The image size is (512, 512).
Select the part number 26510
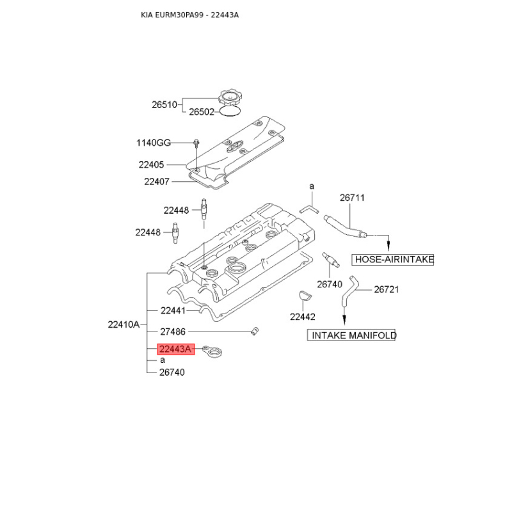pyautogui.click(x=164, y=104)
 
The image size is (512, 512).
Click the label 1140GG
pyautogui.click(x=154, y=142)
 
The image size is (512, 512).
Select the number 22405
pyautogui.click(x=152, y=164)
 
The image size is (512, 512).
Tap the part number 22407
pyautogui.click(x=156, y=182)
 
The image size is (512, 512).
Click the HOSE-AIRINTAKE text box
pyautogui.click(x=393, y=259)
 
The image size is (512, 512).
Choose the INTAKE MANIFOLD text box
pyautogui.click(x=352, y=335)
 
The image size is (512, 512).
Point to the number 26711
pyautogui.click(x=352, y=198)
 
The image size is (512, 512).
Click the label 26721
pyautogui.click(x=386, y=289)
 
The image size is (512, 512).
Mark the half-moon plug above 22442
pyautogui.click(x=304, y=296)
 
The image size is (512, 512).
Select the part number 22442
pyautogui.click(x=303, y=316)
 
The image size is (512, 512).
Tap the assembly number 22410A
pyautogui.click(x=124, y=324)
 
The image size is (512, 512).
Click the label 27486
pyautogui.click(x=172, y=332)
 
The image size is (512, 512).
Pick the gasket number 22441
pyautogui.click(x=172, y=310)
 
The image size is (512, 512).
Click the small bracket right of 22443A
pyautogui.click(x=211, y=352)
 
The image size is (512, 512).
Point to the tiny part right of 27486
pyautogui.click(x=254, y=331)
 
